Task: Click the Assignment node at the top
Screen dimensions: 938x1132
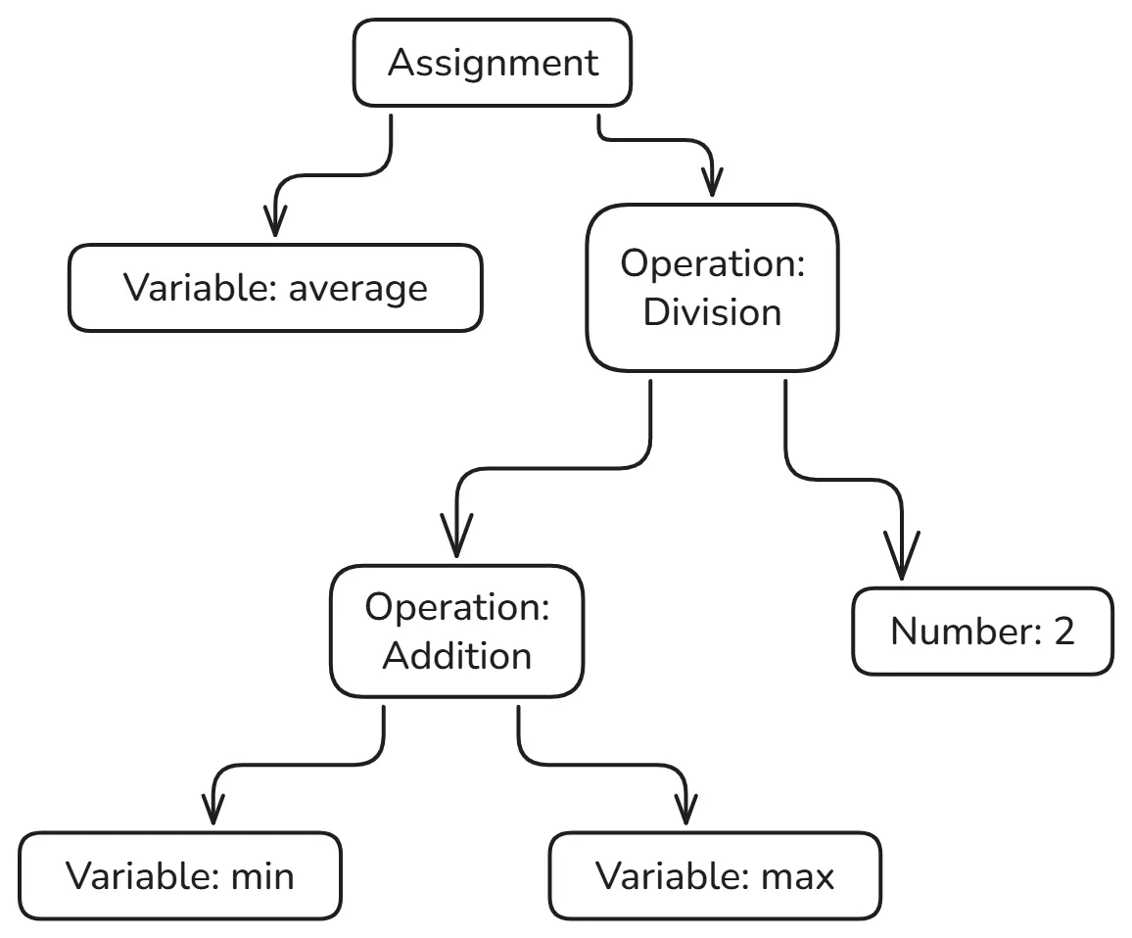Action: click(493, 63)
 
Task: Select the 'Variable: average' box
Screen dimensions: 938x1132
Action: click(275, 288)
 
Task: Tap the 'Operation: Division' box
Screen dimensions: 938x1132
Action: click(712, 289)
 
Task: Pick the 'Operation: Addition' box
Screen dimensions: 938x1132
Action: click(456, 631)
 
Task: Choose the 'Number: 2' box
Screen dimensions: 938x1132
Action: click(982, 632)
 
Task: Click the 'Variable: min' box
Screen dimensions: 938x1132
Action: click(180, 875)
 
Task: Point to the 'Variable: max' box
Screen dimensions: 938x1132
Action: click(715, 875)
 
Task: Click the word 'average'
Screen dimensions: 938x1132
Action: click(358, 288)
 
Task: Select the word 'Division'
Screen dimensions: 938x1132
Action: click(712, 313)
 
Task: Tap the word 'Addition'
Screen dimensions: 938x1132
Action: click(456, 655)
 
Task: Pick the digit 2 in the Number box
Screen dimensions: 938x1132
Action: click(1063, 632)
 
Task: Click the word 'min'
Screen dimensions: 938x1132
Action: click(261, 875)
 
